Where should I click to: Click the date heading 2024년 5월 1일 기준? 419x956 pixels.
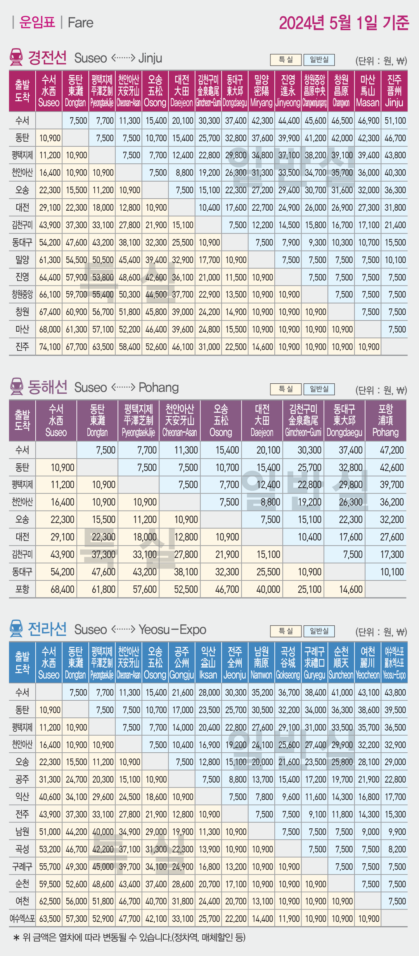[x=344, y=23]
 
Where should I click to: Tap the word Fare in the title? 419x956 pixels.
[x=80, y=23]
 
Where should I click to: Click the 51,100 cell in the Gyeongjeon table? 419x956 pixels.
[x=395, y=121]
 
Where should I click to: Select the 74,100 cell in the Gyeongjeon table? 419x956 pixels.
[x=50, y=347]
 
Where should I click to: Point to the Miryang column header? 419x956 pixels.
[x=261, y=91]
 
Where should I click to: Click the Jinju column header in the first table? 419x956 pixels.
[x=394, y=91]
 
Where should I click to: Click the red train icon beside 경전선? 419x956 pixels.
[x=16, y=57]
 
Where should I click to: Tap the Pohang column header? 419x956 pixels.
[x=385, y=421]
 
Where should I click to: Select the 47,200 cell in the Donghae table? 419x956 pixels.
[x=391, y=450]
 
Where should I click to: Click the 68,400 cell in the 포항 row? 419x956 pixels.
[x=62, y=589]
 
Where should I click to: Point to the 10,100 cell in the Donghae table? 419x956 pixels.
[x=391, y=572]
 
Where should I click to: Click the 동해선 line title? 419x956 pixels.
[x=47, y=387]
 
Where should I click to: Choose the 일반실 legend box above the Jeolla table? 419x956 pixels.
[x=319, y=631]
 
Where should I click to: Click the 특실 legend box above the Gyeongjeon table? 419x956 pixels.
[x=286, y=60]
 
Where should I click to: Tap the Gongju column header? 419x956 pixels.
[x=182, y=663]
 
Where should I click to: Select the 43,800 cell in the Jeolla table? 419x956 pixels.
[x=395, y=693]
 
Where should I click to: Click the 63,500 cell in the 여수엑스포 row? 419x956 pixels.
[x=50, y=919]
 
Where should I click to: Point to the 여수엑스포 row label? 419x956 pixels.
[x=22, y=919]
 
